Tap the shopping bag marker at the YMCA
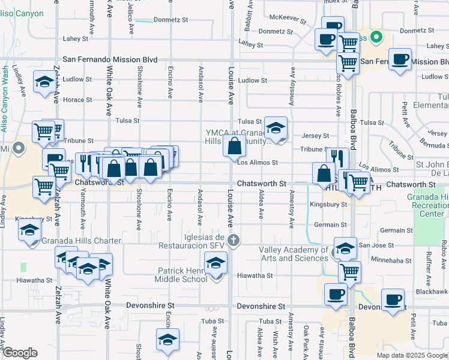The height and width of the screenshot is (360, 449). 234,146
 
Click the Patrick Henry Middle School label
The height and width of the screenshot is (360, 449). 182,275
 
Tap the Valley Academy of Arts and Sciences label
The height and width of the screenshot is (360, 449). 294,254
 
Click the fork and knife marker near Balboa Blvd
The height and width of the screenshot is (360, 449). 337,159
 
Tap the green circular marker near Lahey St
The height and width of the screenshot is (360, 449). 377,37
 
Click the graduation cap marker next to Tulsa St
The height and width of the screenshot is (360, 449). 276,127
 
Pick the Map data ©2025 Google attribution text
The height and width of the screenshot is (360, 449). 411,355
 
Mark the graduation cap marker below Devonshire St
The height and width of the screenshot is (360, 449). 168,339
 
